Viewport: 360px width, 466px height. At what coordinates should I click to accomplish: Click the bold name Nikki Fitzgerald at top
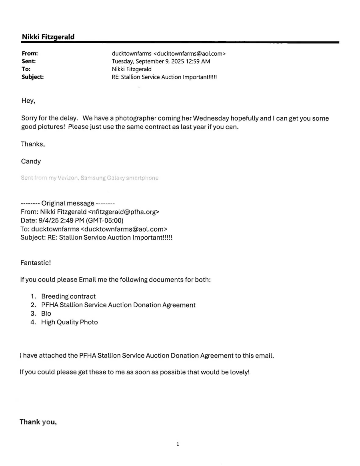click(48, 37)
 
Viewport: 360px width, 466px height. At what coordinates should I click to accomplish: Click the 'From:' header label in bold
click(30, 53)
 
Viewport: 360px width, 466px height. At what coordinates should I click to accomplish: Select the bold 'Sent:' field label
click(28, 61)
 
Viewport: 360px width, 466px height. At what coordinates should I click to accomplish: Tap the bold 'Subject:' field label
click(32, 77)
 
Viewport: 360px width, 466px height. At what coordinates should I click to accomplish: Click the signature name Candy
click(31, 161)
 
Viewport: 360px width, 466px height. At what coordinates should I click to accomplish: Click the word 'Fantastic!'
click(36, 263)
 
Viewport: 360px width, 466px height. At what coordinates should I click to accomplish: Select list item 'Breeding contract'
click(68, 296)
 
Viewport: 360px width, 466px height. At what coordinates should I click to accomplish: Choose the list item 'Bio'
click(46, 314)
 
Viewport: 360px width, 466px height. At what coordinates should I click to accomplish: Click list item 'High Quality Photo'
click(69, 322)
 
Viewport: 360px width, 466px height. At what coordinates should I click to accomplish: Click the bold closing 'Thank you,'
click(38, 422)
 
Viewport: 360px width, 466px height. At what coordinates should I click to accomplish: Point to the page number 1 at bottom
click(178, 444)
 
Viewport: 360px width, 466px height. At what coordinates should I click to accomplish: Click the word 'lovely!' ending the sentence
click(240, 372)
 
